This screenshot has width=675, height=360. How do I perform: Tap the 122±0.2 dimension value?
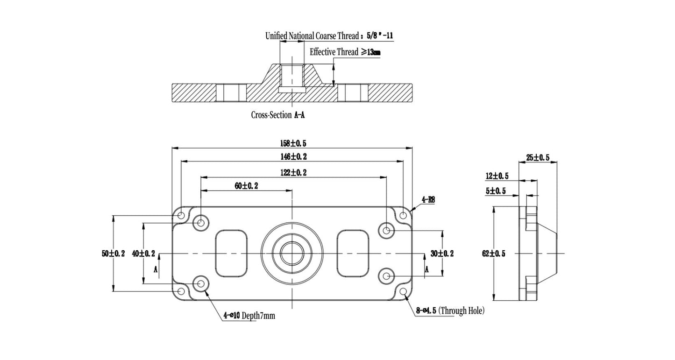click(x=293, y=173)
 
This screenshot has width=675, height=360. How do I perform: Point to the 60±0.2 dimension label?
click(x=247, y=186)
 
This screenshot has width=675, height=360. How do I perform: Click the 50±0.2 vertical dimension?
click(x=113, y=254)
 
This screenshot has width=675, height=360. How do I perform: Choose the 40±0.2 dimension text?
click(x=143, y=254)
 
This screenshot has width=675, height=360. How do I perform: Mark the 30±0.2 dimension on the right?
click(x=442, y=254)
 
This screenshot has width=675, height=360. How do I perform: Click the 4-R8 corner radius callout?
click(x=428, y=200)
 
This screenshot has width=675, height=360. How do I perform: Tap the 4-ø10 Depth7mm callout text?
click(x=249, y=316)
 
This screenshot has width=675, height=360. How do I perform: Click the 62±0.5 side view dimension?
click(x=494, y=254)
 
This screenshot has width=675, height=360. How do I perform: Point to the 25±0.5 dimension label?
click(x=538, y=158)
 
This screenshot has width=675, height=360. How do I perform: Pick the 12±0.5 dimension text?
click(x=497, y=176)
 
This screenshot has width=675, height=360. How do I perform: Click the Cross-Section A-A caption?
click(x=278, y=115)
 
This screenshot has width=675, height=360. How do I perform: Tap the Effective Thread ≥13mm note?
click(x=345, y=52)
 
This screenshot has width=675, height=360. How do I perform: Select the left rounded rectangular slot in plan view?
click(x=231, y=253)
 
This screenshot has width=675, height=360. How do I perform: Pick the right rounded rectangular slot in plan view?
click(x=354, y=253)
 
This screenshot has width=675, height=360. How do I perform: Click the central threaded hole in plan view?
click(x=292, y=254)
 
